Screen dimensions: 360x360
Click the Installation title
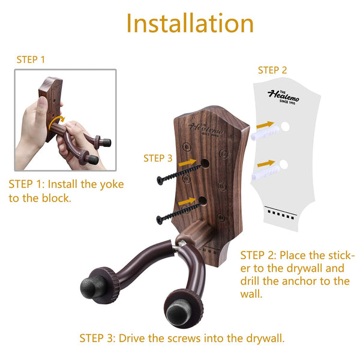click(190, 23)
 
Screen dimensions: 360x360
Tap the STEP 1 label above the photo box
click(31, 59)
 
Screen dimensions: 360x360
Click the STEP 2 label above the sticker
click(272, 70)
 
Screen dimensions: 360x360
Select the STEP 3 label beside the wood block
click(158, 158)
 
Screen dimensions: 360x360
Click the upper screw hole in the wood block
click(205, 163)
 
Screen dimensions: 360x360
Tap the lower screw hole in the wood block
click(203, 200)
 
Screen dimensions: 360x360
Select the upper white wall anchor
click(265, 133)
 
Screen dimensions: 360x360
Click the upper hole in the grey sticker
click(285, 127)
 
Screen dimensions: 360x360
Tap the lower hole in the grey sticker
click(284, 164)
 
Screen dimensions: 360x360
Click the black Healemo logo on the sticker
click(284, 97)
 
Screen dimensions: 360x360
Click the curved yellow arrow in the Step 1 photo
click(56, 122)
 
